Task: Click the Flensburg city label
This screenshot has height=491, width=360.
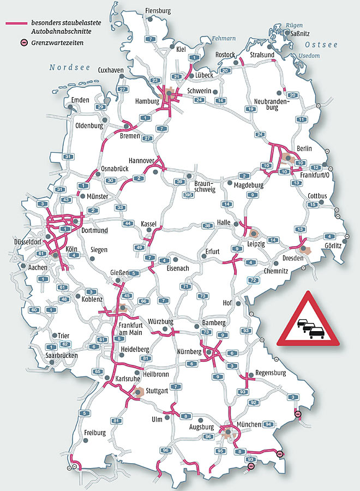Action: click(x=158, y=11)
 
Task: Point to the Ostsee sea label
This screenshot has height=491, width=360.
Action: click(x=321, y=44)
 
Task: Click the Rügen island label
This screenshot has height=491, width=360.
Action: click(x=294, y=25)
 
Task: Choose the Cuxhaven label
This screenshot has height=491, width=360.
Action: click(x=111, y=70)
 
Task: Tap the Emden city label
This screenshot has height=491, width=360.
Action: click(x=80, y=100)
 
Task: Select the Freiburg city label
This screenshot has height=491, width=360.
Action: click(x=94, y=433)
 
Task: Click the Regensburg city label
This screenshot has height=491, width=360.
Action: click(x=271, y=373)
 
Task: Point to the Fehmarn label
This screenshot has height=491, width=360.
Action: click(x=224, y=38)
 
